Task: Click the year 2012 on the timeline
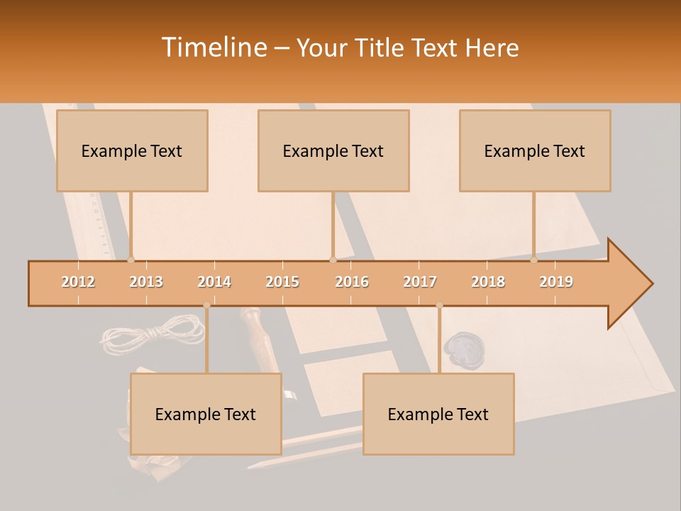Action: pyautogui.click(x=78, y=282)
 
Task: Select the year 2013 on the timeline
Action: pyautogui.click(x=146, y=282)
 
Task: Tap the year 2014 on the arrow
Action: pyautogui.click(x=214, y=282)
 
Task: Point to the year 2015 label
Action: pyautogui.click(x=282, y=282)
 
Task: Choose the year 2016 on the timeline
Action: pyautogui.click(x=352, y=282)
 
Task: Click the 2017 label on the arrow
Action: pyautogui.click(x=420, y=282)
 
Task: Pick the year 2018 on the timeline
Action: pyautogui.click(x=488, y=282)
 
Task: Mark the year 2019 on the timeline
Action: pyautogui.click(x=556, y=282)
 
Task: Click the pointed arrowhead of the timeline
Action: pyautogui.click(x=631, y=284)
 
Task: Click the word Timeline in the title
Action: pyautogui.click(x=213, y=48)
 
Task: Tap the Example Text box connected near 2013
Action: pyautogui.click(x=132, y=150)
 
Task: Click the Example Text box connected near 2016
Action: pyautogui.click(x=333, y=150)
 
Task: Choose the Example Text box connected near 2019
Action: pyautogui.click(x=535, y=150)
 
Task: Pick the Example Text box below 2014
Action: pyautogui.click(x=206, y=414)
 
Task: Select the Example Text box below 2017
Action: pyautogui.click(x=438, y=414)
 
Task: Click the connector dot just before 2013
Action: pyautogui.click(x=131, y=260)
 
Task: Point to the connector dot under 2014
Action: pyautogui.click(x=206, y=305)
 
